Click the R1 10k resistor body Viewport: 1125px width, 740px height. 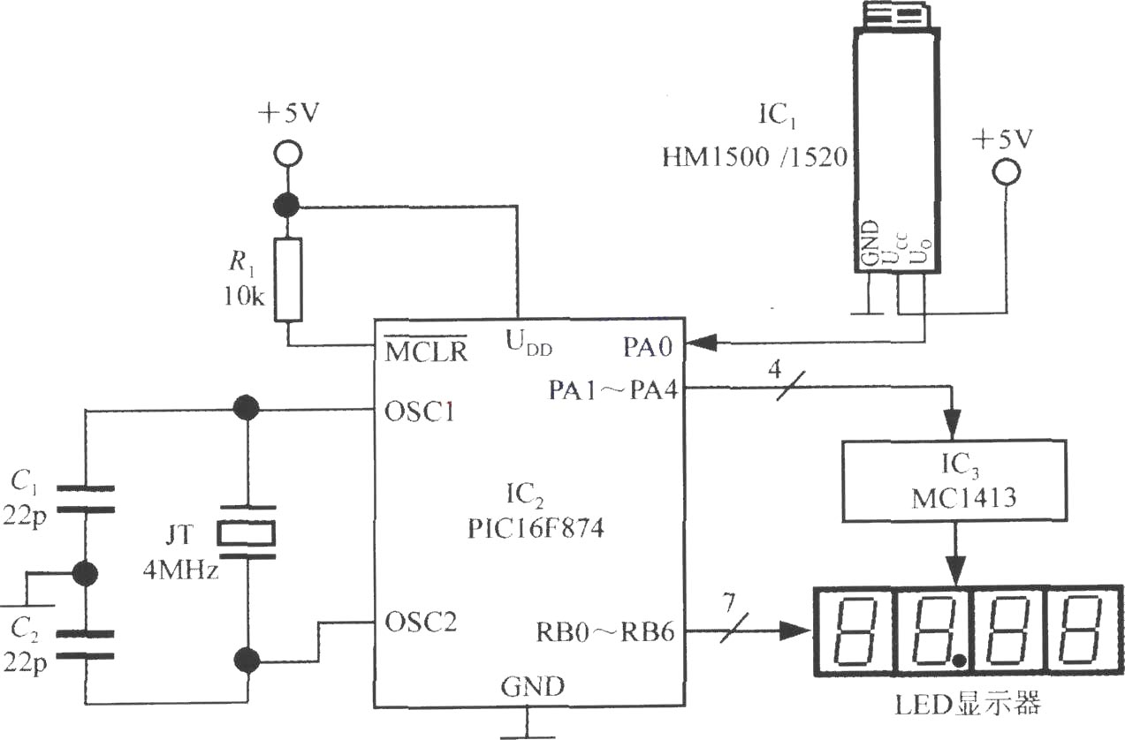(x=288, y=279)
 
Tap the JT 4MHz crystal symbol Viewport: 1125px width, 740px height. (x=246, y=533)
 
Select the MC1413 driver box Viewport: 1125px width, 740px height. (x=954, y=481)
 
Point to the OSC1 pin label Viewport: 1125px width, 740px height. (x=420, y=412)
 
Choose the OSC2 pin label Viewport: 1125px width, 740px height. (x=421, y=623)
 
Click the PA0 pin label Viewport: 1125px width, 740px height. (x=648, y=347)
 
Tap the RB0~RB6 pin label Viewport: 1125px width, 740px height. (x=605, y=631)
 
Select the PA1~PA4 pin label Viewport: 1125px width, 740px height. (x=613, y=389)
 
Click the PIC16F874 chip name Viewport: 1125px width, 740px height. (x=536, y=528)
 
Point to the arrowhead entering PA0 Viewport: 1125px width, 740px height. (x=700, y=344)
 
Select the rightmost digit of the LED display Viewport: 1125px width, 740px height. (x=1082, y=631)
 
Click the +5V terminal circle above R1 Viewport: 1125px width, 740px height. (x=288, y=153)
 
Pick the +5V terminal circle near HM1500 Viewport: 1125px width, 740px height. (x=1007, y=172)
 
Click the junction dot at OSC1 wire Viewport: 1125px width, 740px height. (x=246, y=408)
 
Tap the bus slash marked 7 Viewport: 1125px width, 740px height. (x=734, y=628)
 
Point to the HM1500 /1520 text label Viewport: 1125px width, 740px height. (x=755, y=157)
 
